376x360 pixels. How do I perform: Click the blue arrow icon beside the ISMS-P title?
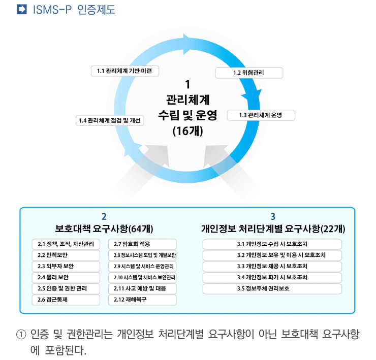tap(21, 9)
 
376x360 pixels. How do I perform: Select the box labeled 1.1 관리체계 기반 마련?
tap(125, 71)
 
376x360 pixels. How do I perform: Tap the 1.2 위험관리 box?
tap(249, 73)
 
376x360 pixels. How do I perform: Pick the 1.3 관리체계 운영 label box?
tap(261, 115)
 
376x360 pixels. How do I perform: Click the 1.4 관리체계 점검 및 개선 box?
tap(110, 120)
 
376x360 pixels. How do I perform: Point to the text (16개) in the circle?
tap(188, 131)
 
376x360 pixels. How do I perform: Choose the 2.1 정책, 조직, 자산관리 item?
tap(66, 244)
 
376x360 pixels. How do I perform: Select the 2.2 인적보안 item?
tap(66, 255)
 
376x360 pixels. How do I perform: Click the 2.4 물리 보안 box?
tap(66, 277)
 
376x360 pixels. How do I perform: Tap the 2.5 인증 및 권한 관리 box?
tap(66, 288)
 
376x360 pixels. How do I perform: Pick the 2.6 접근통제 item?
tap(66, 300)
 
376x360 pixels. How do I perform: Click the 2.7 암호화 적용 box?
tap(142, 244)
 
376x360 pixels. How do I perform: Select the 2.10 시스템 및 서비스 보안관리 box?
tap(142, 277)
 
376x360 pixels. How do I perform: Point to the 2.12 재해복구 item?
tap(142, 300)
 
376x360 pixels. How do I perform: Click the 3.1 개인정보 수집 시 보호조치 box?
tap(272, 244)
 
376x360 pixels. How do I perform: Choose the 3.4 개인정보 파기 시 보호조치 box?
tap(272, 277)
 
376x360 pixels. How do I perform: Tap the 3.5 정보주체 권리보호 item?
tap(272, 288)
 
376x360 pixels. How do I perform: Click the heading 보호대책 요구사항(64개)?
tap(104, 228)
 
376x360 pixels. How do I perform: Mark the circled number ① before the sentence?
tap(21, 334)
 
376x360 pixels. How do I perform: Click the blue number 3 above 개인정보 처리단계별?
tap(273, 216)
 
